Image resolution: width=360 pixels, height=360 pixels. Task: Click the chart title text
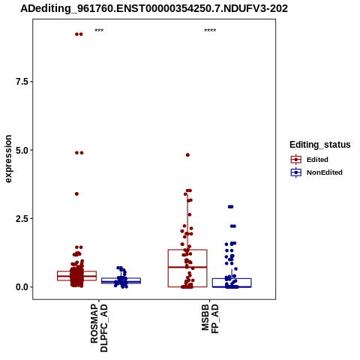pyautogui.click(x=154, y=8)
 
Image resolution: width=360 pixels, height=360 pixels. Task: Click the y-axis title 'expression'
pyautogui.click(x=8, y=159)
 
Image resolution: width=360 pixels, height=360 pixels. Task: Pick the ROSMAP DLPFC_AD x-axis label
pyautogui.click(x=99, y=328)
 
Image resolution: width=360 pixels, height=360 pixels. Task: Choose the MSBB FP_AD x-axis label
pyautogui.click(x=210, y=319)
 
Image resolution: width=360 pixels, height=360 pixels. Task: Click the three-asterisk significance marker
pyautogui.click(x=99, y=31)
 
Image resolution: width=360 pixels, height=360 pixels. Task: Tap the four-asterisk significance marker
pyautogui.click(x=210, y=31)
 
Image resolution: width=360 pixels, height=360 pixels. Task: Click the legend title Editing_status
pyautogui.click(x=320, y=145)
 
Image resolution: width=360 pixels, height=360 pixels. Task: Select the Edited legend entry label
pyautogui.click(x=317, y=160)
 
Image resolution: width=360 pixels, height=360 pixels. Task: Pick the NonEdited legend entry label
pyautogui.click(x=325, y=172)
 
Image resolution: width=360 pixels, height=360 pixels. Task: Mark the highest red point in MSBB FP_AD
pyautogui.click(x=187, y=155)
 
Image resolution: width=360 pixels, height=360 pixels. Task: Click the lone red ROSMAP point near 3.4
pyautogui.click(x=76, y=193)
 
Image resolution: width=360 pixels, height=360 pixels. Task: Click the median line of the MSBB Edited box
pyautogui.click(x=187, y=267)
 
